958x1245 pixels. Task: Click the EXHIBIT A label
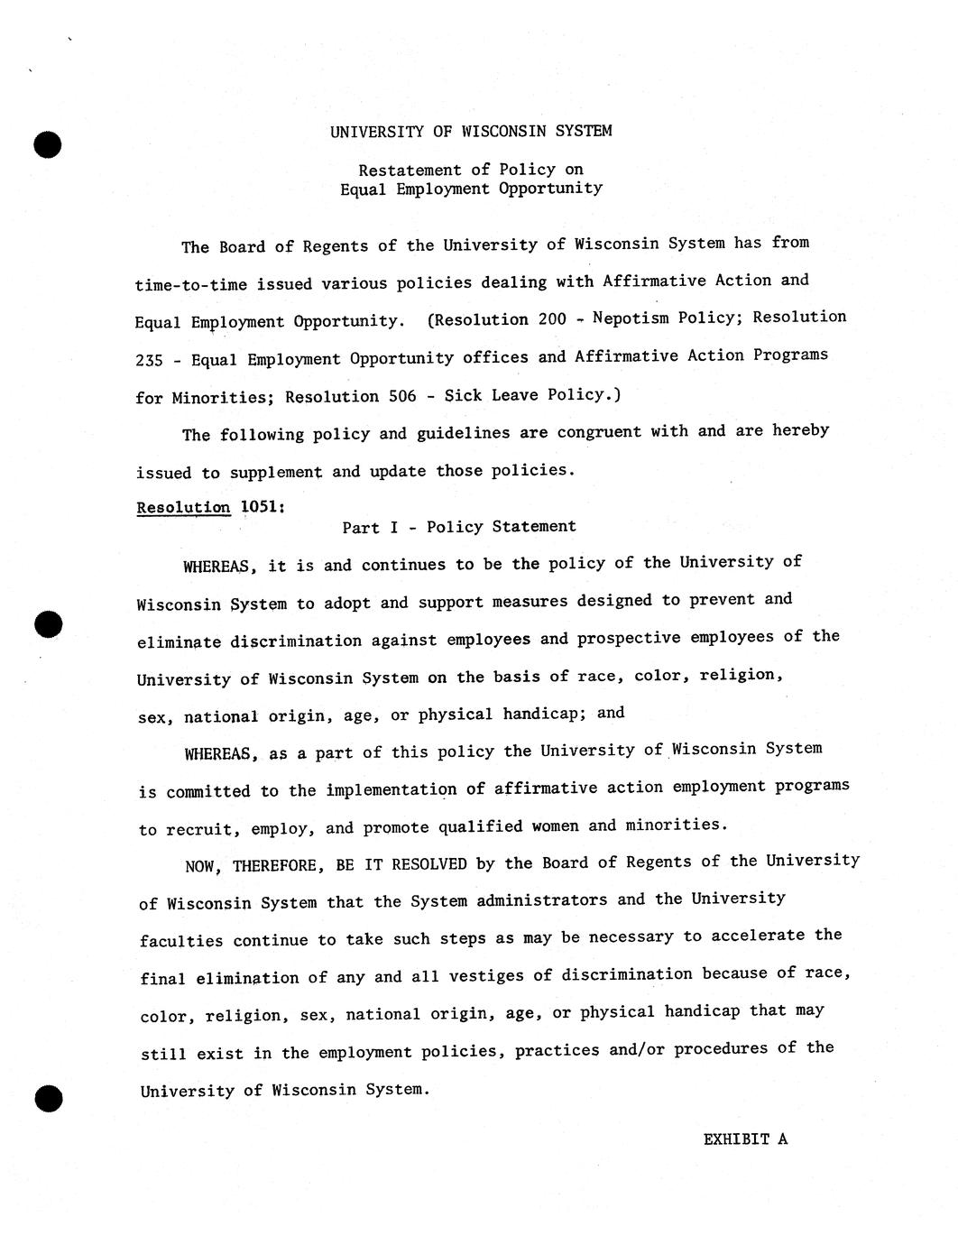point(745,1139)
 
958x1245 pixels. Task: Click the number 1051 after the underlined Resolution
point(263,507)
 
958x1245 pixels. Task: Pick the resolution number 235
point(149,360)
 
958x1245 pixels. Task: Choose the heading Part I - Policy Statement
point(458,527)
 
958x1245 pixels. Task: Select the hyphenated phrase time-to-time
point(190,284)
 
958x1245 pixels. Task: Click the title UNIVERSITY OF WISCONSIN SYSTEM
point(470,131)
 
